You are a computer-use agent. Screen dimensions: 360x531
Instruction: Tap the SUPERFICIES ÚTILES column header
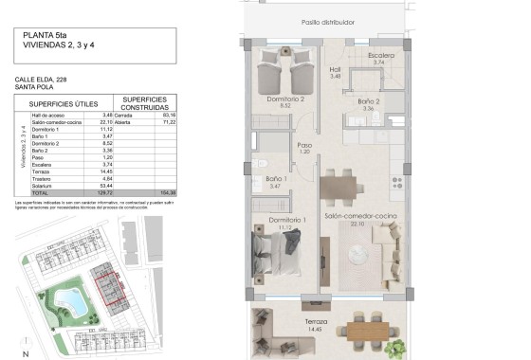point(64,104)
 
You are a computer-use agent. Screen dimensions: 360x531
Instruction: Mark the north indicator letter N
point(27,353)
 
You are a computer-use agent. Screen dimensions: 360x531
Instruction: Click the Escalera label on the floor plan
point(381,55)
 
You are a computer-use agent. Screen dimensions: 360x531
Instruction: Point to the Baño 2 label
point(370,100)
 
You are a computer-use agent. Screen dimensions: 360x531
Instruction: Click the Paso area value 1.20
point(305,152)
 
